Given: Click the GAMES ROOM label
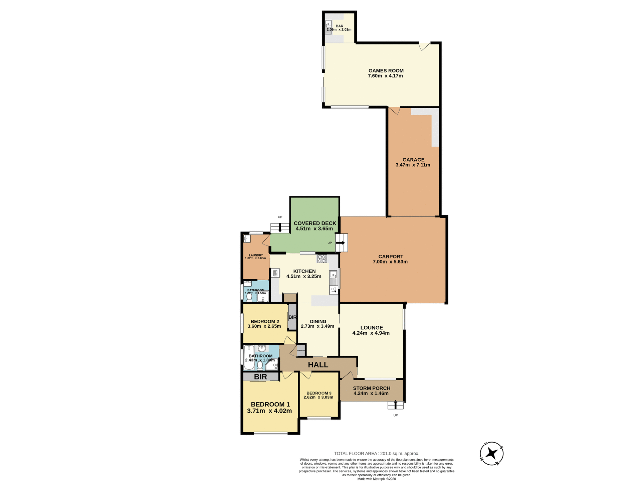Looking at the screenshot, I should (386, 70).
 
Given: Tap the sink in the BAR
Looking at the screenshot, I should (329, 25).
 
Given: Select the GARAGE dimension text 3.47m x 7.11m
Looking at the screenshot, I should (413, 165).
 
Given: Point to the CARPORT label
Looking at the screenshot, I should (390, 257).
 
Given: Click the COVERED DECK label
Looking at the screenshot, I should (315, 223).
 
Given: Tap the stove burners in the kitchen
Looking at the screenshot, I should (322, 258).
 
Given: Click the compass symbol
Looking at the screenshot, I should (491, 454).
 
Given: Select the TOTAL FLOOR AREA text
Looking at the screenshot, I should (376, 454).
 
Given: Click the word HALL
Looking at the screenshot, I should (318, 365).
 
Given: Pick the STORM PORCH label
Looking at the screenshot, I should (371, 388).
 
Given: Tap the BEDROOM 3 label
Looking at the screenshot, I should (319, 393).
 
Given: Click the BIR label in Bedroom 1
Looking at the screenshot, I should (260, 377).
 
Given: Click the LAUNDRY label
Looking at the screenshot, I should (256, 255).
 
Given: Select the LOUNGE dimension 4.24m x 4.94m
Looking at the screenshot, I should (371, 333).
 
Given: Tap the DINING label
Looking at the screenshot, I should (318, 321).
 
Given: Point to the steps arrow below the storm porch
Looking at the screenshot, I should (396, 405).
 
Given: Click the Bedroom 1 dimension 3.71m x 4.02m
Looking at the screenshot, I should (269, 411).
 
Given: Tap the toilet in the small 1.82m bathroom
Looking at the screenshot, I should (249, 297).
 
